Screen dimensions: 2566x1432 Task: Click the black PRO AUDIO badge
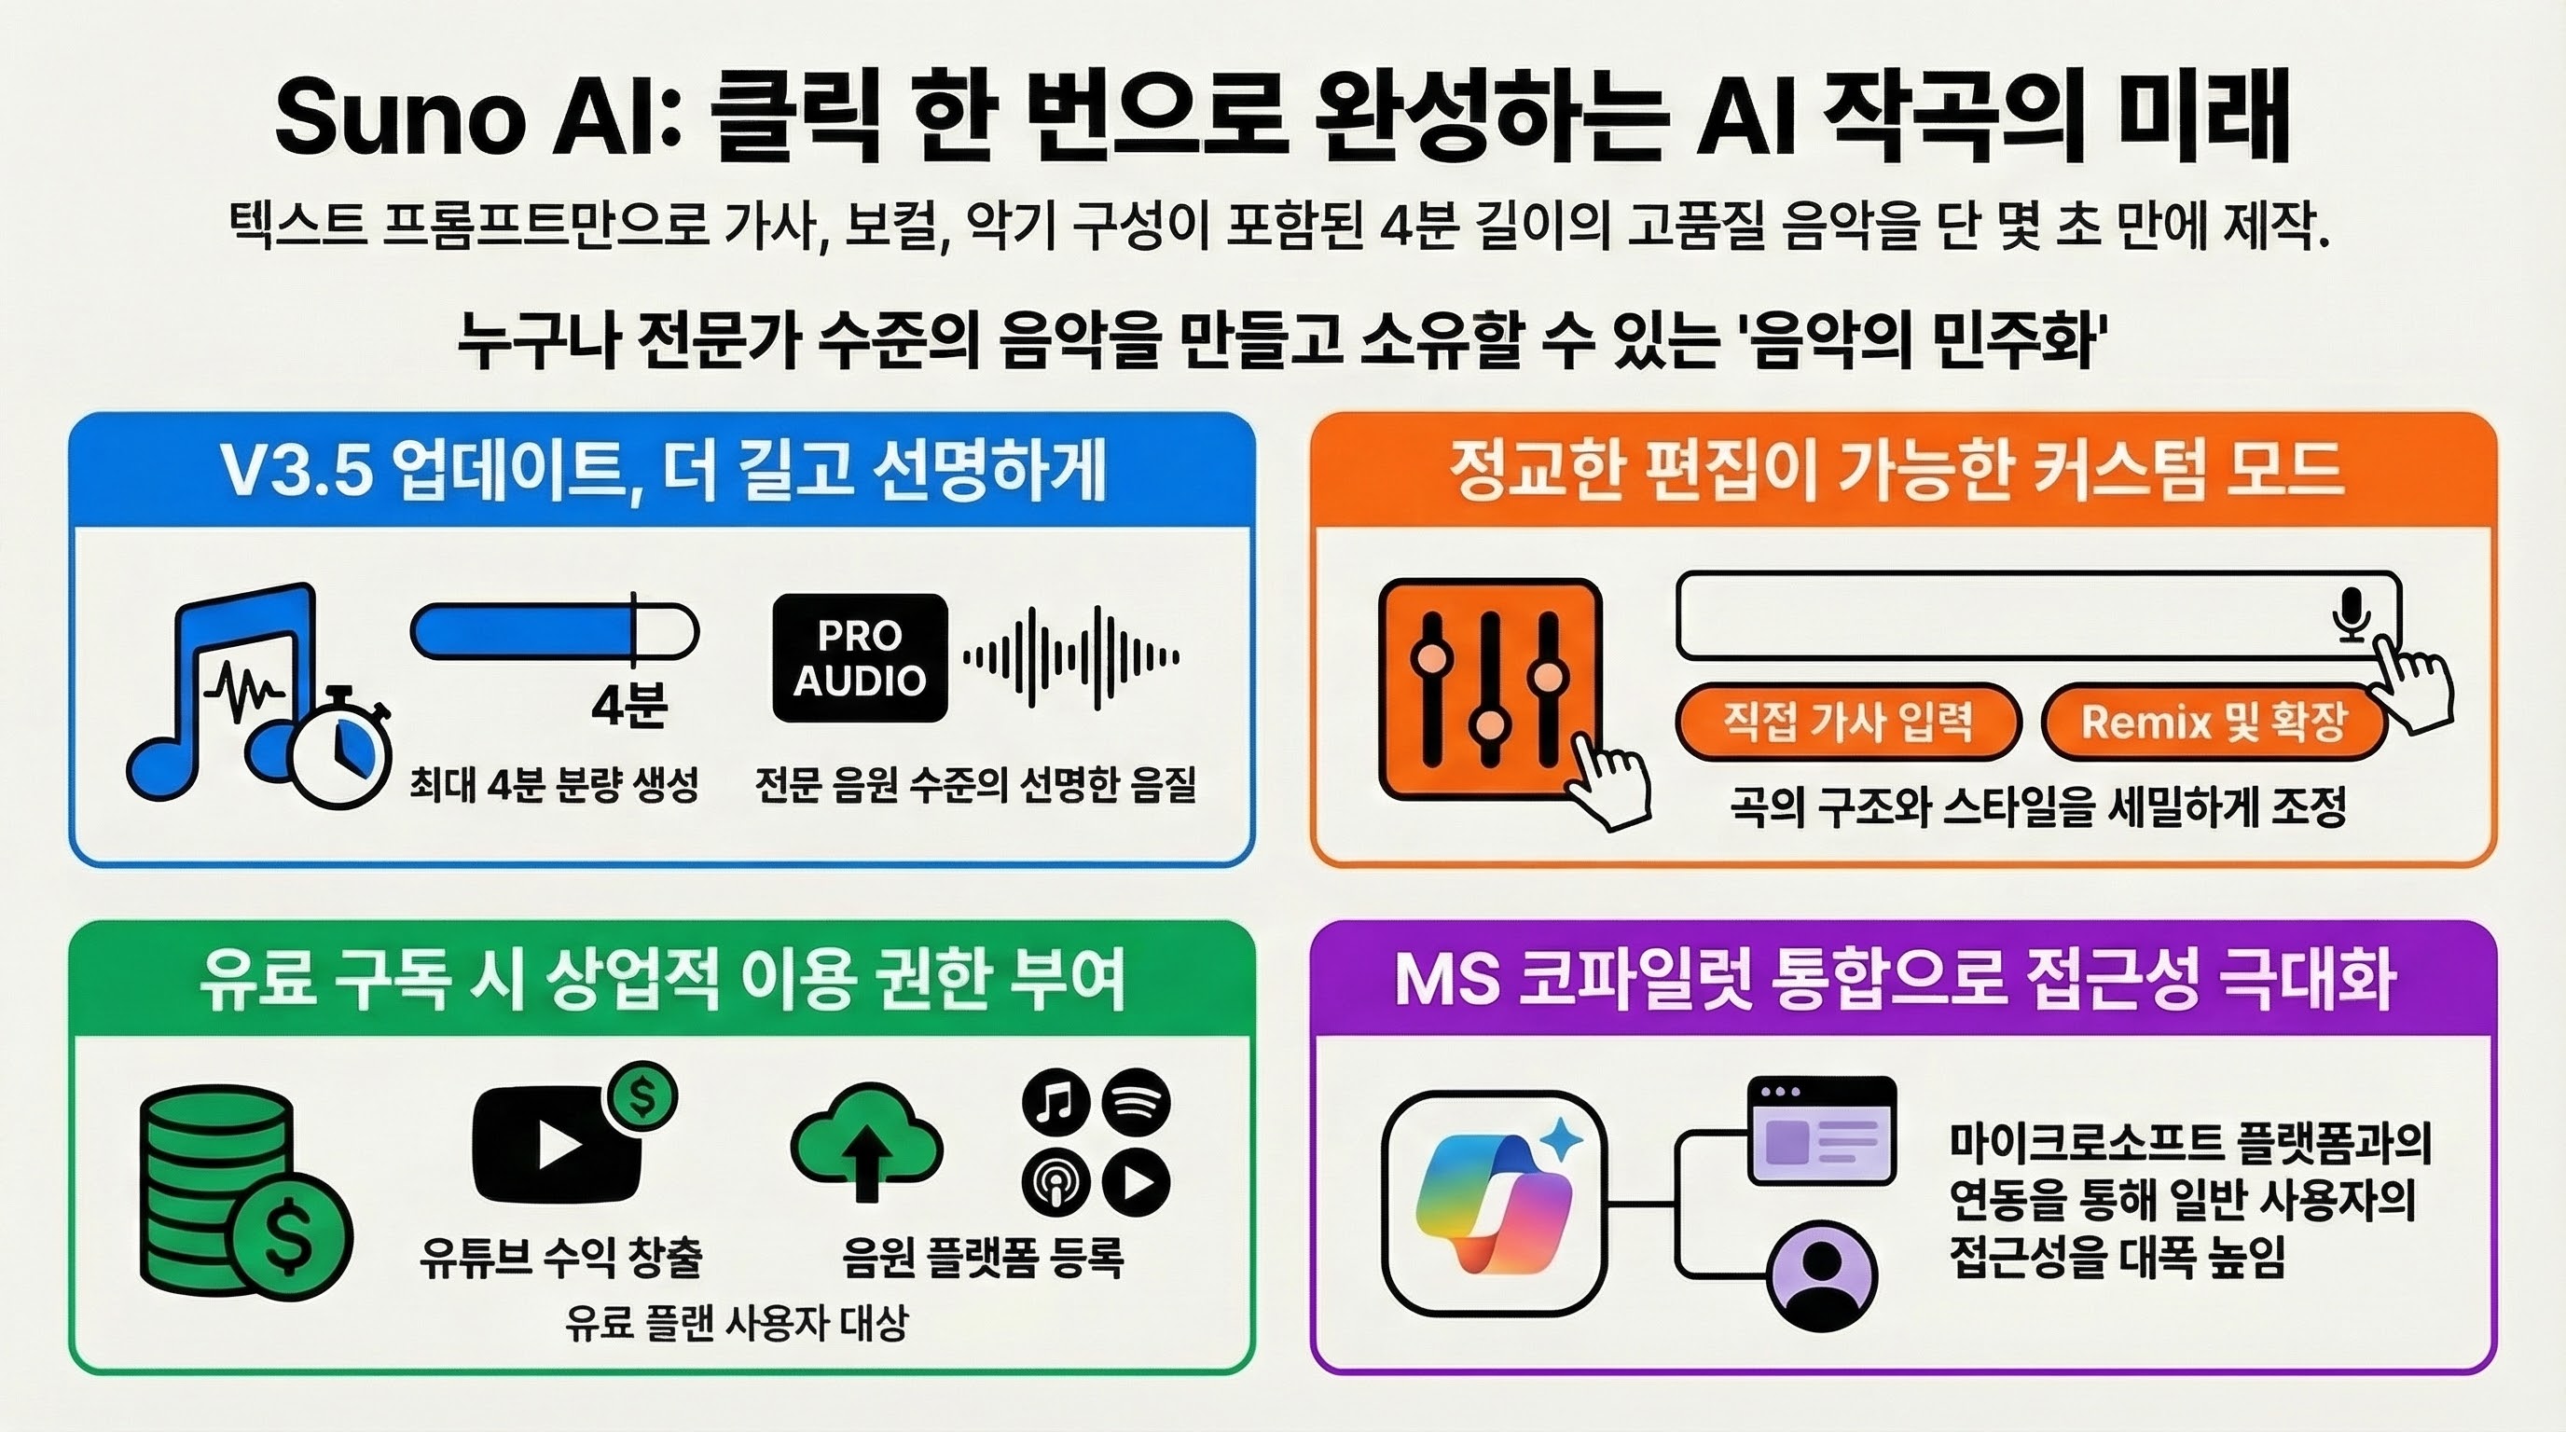pos(860,658)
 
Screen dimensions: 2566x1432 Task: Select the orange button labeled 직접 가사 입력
pos(1848,720)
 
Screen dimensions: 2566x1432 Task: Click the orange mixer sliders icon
pos(1490,689)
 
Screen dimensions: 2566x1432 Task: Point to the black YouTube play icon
pos(557,1144)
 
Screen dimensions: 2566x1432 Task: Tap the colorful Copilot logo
pos(1494,1204)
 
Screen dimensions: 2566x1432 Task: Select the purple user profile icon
pos(1822,1275)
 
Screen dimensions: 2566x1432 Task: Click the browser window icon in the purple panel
pos(1822,1130)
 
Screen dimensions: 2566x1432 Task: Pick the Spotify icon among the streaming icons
pos(1137,1102)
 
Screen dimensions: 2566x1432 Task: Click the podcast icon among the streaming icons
pos(1055,1182)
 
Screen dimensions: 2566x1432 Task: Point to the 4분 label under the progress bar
pos(629,705)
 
